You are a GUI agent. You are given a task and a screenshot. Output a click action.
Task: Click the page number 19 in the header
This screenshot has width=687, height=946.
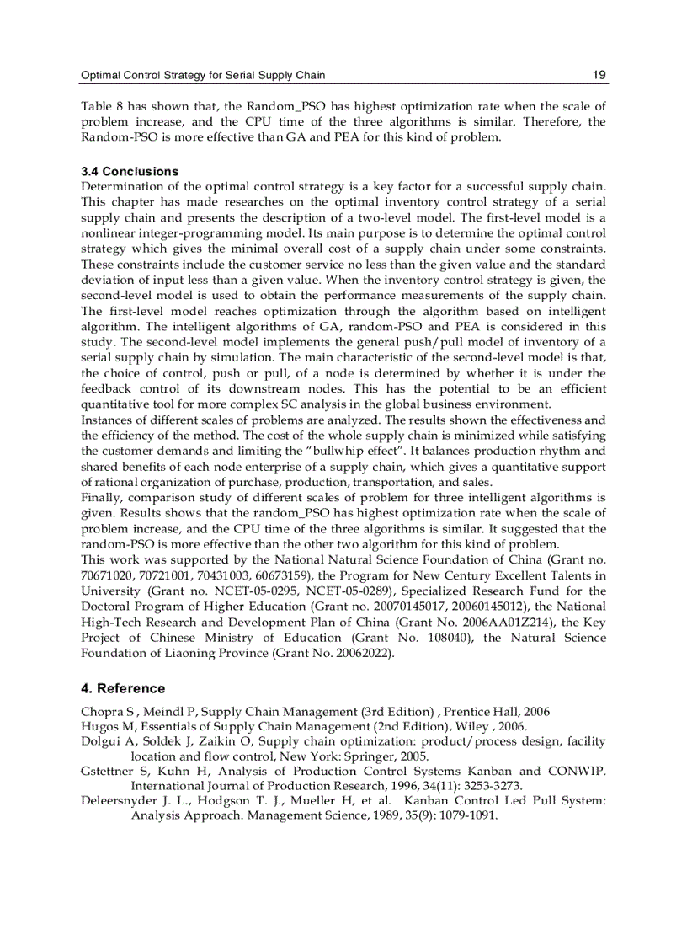(x=599, y=76)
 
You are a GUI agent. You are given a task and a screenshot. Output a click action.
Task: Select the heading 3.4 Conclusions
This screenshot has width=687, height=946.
(x=130, y=171)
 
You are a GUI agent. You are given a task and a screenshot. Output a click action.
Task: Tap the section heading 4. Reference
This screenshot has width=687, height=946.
(x=123, y=688)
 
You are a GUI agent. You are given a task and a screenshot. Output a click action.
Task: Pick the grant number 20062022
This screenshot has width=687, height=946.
(x=366, y=652)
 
